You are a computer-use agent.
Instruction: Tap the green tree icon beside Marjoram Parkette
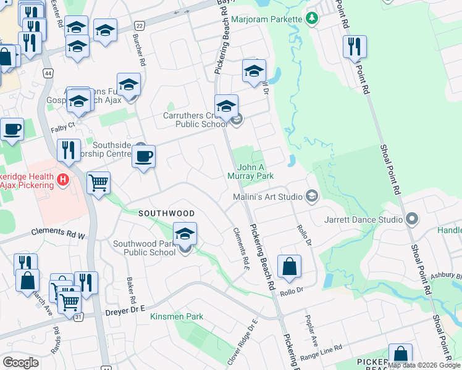click(313, 18)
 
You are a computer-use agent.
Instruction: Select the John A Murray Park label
click(256, 171)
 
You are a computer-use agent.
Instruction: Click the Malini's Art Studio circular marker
click(312, 197)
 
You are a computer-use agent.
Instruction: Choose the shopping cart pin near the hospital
click(98, 183)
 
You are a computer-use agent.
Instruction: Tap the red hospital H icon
click(62, 180)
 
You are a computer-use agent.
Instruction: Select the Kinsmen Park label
click(177, 316)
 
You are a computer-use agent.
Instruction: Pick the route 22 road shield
click(140, 25)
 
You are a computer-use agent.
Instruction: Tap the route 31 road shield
click(78, 317)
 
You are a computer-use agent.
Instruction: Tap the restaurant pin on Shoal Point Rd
click(355, 47)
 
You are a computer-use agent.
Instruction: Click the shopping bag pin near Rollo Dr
click(289, 266)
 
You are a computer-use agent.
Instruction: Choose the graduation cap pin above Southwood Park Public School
click(185, 234)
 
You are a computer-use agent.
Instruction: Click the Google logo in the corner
click(20, 363)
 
